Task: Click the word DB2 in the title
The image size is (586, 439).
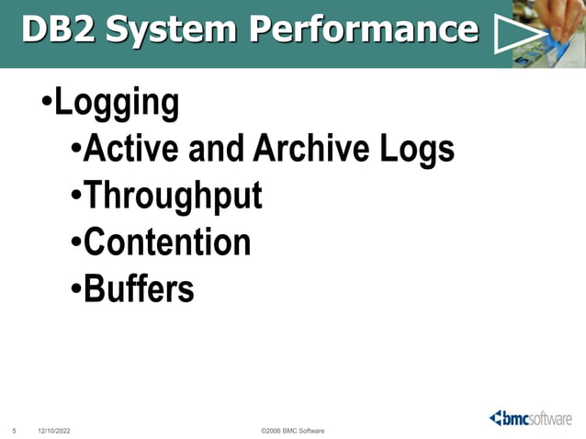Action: [58, 30]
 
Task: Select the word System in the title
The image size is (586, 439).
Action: [170, 30]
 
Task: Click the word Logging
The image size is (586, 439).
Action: [117, 103]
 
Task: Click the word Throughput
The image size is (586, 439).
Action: [173, 197]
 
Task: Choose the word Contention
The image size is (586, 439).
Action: [166, 242]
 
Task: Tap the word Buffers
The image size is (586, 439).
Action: [139, 289]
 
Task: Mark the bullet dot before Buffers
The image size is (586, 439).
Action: [76, 290]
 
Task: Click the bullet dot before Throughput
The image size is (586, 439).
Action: [76, 197]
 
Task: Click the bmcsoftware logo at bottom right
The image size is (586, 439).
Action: [533, 418]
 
